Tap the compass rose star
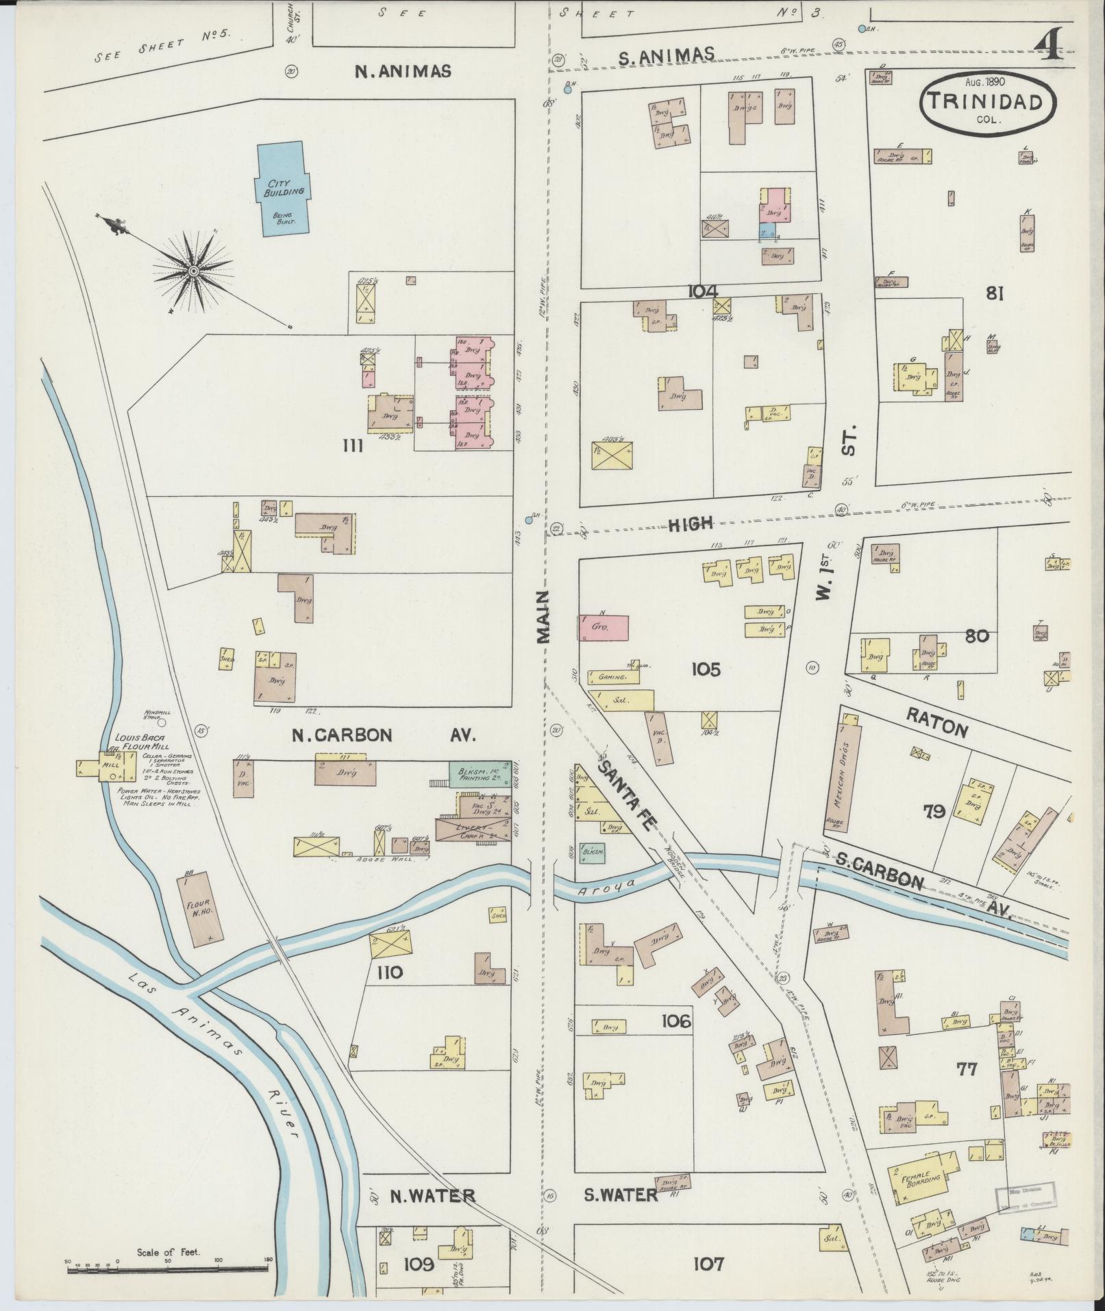(x=194, y=272)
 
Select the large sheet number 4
(x=1049, y=47)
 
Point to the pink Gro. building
(x=604, y=627)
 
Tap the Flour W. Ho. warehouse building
(x=199, y=908)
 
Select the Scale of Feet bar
(x=168, y=1269)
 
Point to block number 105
(x=706, y=669)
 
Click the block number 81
(x=995, y=293)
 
